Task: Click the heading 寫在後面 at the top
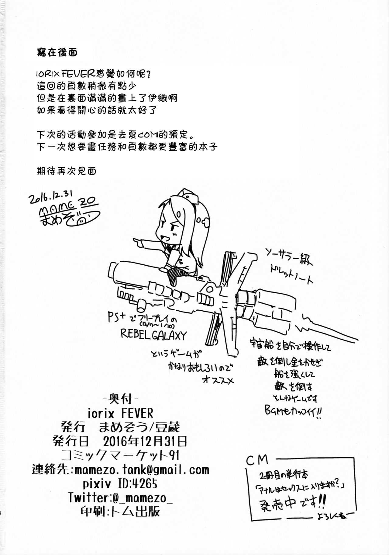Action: click(x=57, y=52)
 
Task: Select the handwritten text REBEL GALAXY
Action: click(x=153, y=335)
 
